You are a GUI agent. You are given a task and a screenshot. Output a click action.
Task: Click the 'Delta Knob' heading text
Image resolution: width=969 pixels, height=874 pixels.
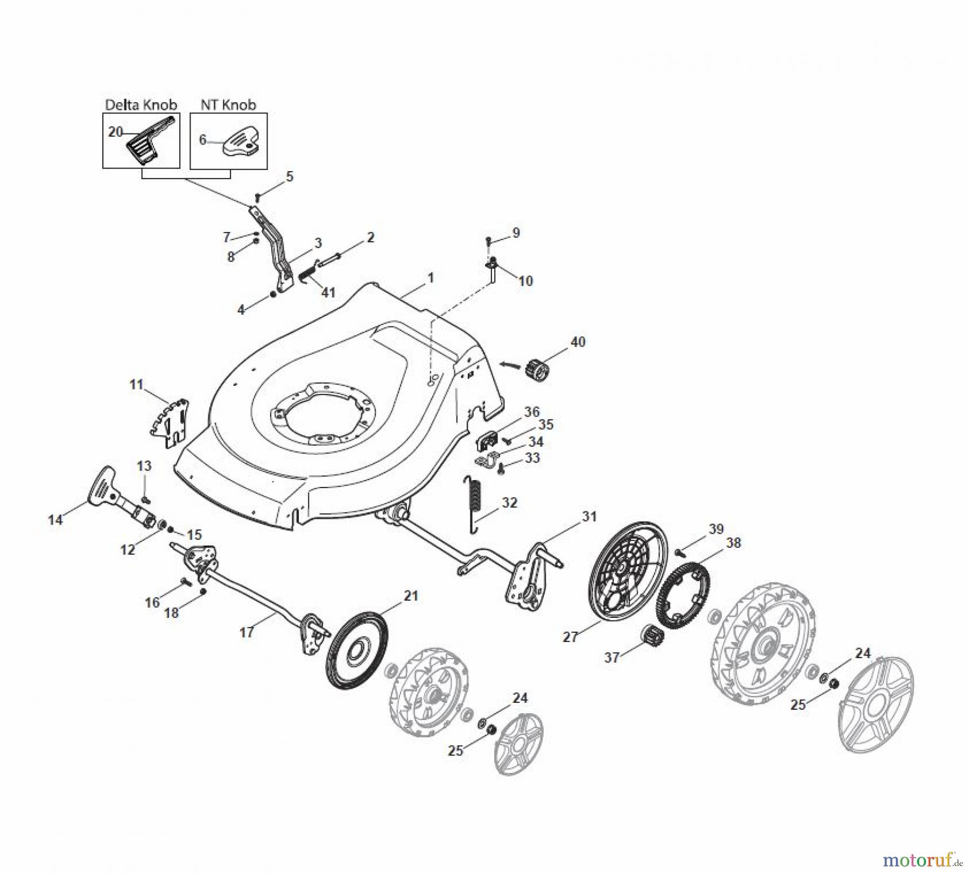(x=141, y=104)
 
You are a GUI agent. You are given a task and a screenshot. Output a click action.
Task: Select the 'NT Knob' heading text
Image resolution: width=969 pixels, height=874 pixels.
(x=228, y=104)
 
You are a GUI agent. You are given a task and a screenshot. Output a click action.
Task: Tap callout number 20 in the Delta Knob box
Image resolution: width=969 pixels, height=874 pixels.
(x=115, y=132)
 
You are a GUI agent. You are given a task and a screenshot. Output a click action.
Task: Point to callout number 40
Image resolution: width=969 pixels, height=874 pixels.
(x=578, y=342)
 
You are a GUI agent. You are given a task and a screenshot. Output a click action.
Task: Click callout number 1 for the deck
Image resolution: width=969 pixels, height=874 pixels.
(x=430, y=278)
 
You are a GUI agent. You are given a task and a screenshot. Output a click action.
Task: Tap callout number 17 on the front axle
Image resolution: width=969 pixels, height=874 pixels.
(x=246, y=632)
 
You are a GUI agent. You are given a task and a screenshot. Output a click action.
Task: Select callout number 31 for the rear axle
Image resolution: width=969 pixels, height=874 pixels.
(x=589, y=517)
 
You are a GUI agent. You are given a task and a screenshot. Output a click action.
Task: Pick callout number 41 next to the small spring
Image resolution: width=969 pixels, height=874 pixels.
(x=328, y=292)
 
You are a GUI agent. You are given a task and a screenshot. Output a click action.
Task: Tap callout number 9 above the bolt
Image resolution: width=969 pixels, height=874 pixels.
(x=516, y=233)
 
